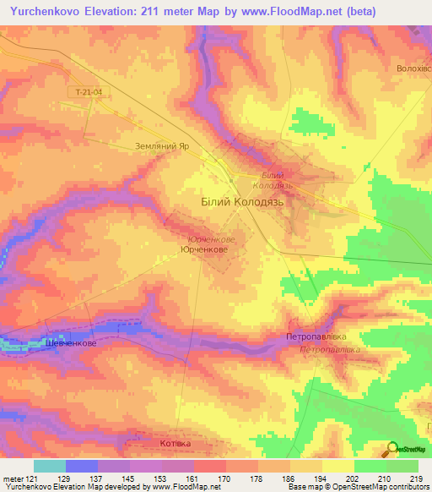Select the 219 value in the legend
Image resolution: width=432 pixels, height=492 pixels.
[415, 478]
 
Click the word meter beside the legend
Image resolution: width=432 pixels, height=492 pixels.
[10, 478]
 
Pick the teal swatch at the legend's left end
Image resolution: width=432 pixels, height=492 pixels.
[50, 466]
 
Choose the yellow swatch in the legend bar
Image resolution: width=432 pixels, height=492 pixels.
[338, 466]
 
